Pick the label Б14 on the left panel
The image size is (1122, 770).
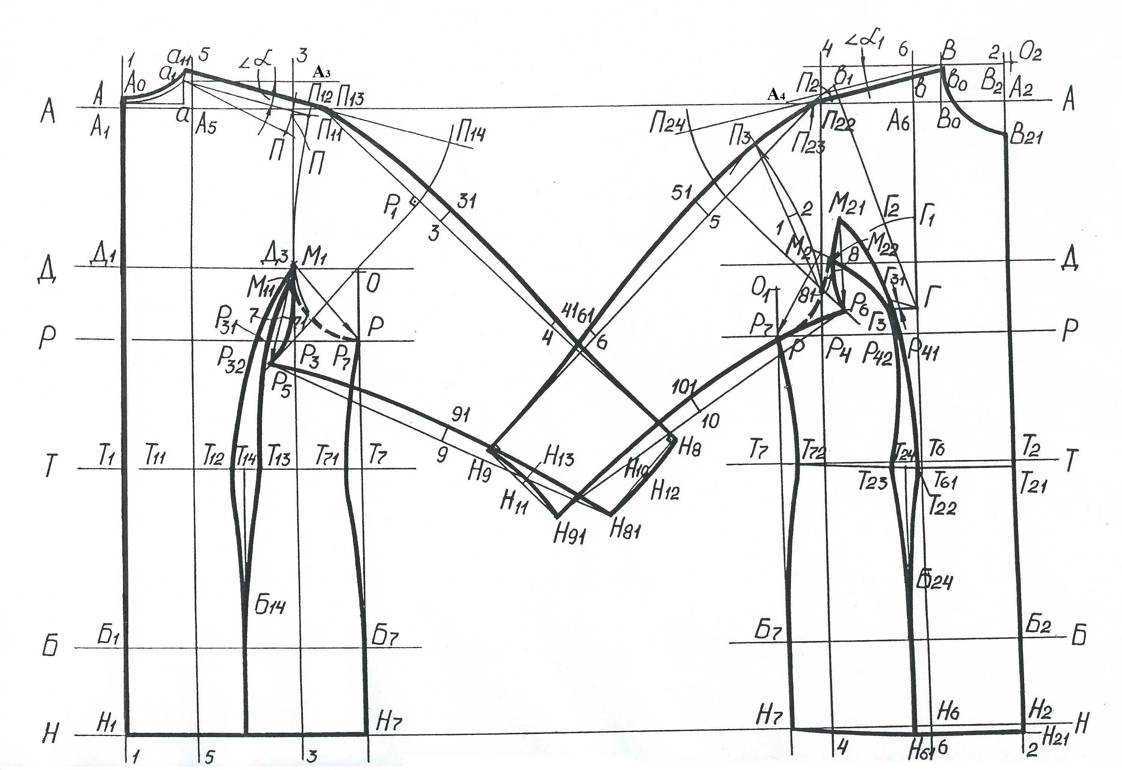[270, 605]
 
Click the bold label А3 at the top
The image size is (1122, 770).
[321, 72]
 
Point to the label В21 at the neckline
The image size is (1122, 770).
[1026, 138]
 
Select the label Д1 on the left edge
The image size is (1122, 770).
[103, 256]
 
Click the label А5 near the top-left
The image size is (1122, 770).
[206, 126]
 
